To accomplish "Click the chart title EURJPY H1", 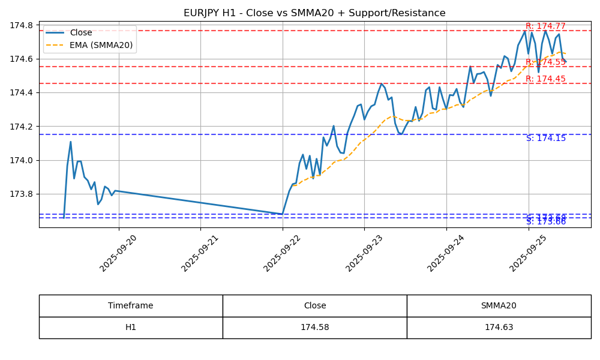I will pos(314,13).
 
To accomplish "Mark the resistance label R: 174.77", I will pos(545,26).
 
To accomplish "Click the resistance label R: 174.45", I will pos(545,79).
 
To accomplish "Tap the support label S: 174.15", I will pos(546,139).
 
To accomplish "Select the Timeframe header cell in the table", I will pos(131,306).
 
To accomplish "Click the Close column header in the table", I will pos(314,306).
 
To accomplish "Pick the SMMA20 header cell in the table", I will pos(499,306).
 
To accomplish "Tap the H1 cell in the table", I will pos(131,328).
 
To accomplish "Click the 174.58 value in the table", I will pos(314,328).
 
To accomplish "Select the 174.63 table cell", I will pos(499,328).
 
